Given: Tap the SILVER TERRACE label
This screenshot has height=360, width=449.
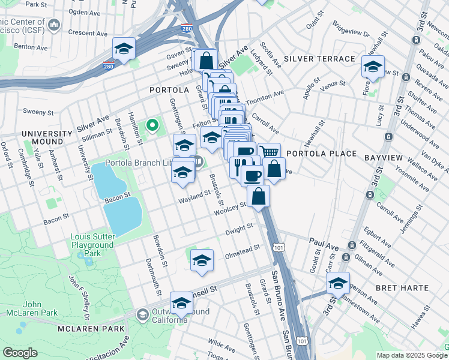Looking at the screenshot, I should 320,59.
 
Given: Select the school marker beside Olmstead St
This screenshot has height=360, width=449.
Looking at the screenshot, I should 202,260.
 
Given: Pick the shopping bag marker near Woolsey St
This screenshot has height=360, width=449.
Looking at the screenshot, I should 258,196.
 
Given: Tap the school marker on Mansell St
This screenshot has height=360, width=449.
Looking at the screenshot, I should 181,302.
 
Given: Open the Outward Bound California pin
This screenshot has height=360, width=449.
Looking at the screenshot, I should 143,314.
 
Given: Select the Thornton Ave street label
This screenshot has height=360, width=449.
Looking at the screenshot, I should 270,94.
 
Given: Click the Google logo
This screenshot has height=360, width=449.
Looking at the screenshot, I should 20,353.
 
